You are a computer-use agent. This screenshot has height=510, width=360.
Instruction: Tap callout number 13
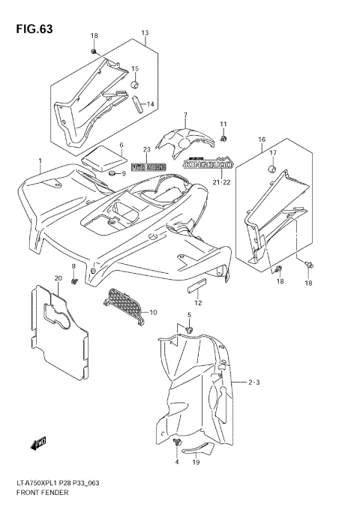click(145, 33)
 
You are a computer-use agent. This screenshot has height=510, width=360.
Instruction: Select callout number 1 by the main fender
click(40, 160)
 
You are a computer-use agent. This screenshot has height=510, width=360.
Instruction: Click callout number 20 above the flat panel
click(58, 278)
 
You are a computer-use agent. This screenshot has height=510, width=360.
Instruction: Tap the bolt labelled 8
click(74, 282)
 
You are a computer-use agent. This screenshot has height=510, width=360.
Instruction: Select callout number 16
click(262, 139)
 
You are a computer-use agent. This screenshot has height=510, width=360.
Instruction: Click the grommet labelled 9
click(112, 173)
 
